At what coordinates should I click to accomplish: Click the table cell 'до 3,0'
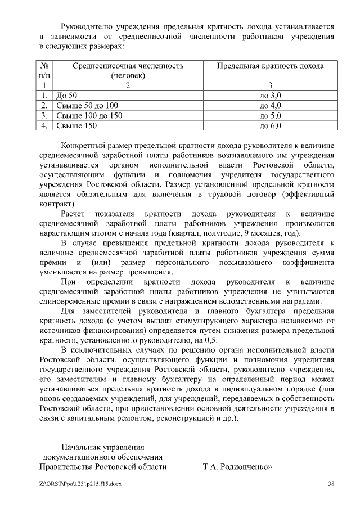(x=270, y=96)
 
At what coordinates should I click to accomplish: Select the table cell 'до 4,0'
(x=270, y=106)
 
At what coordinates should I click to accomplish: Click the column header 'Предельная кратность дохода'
(x=270, y=66)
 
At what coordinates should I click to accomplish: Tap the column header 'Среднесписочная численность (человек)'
(x=128, y=70)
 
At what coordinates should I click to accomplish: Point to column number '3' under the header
(x=270, y=85)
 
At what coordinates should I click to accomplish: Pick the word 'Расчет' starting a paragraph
(x=73, y=214)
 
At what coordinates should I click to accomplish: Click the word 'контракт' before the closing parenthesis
(x=55, y=204)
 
